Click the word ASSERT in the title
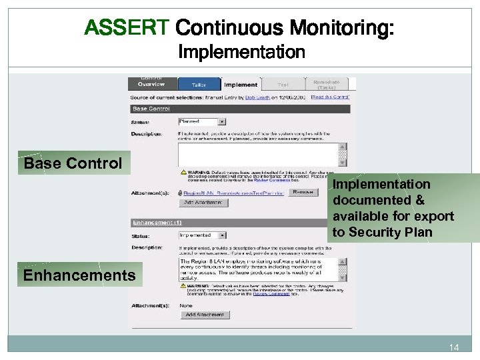pos(127,28)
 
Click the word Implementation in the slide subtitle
pos(242,52)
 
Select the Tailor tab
pos(199,85)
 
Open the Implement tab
pos(241,85)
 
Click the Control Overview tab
pos(151,82)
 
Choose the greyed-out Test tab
pos(283,85)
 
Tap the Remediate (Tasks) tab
pos(326,85)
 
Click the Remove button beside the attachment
pos(303,193)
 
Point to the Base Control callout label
pos(73,163)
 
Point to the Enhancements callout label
pos(79,275)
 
